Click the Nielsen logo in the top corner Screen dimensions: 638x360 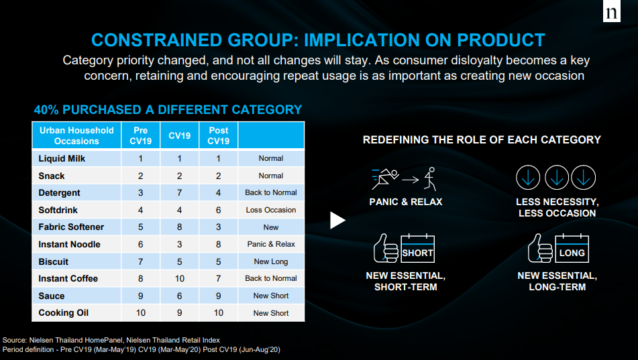(612, 11)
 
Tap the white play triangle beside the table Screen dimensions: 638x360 (337, 220)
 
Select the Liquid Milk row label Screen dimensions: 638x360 (62, 159)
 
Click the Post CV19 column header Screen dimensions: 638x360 (218, 135)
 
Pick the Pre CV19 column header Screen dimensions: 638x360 (140, 135)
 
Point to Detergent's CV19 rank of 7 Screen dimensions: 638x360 (179, 193)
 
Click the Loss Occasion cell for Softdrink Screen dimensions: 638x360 (271, 210)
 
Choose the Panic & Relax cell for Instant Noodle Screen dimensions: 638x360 (271, 244)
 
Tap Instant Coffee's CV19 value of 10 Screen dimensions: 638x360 (179, 279)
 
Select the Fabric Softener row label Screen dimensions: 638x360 (71, 227)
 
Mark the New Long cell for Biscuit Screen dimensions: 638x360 (271, 262)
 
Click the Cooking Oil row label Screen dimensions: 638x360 (63, 313)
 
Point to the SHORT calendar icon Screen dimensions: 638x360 (417, 248)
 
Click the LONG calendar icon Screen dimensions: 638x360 (572, 248)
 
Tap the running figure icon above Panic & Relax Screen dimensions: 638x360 (385, 179)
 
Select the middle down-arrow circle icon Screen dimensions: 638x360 (556, 177)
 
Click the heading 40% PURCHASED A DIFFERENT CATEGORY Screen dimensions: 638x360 (168, 109)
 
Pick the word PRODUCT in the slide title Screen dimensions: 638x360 (501, 40)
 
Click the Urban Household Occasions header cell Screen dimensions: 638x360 (76, 135)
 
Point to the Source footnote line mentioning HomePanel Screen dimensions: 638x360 (111, 340)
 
